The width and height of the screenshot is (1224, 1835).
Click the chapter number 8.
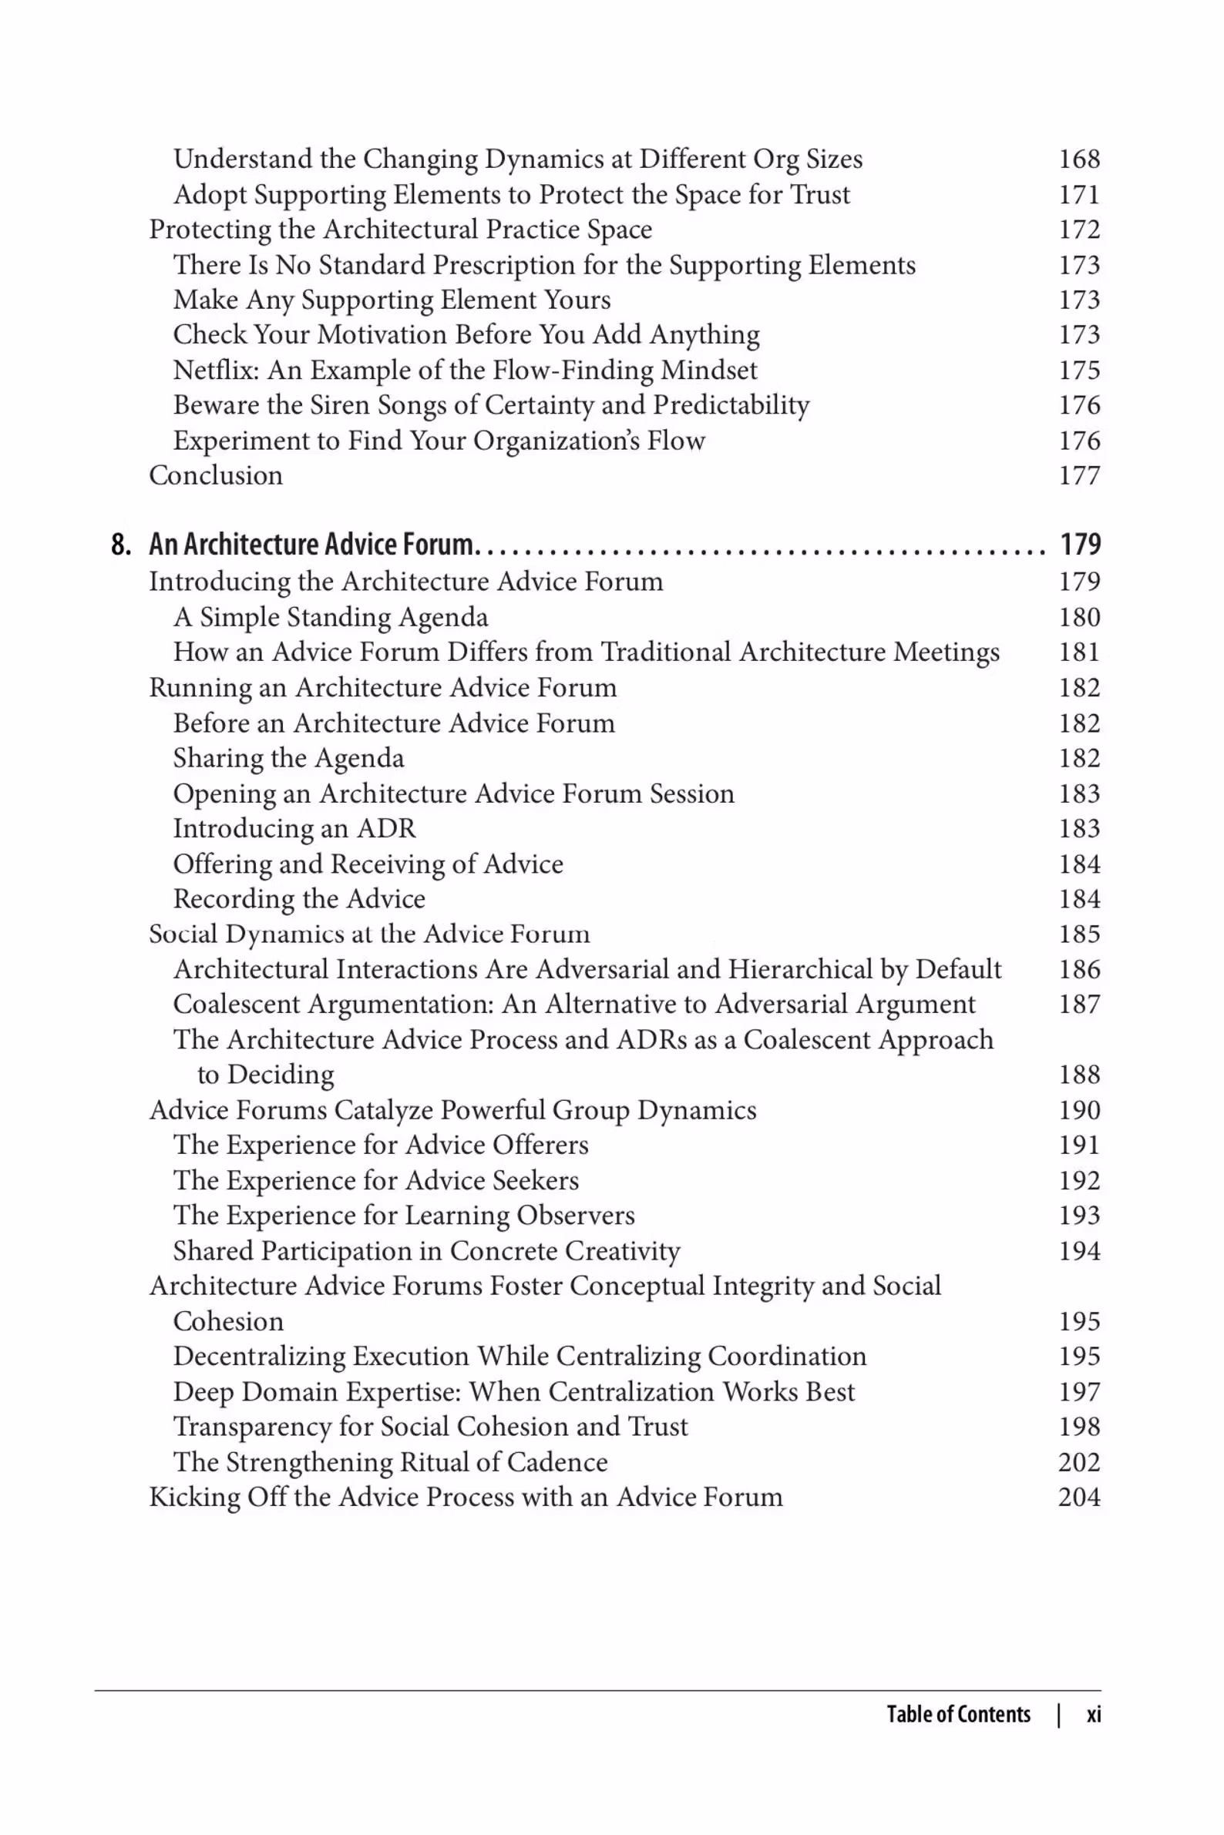[120, 545]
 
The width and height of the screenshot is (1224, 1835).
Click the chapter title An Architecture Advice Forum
[311, 545]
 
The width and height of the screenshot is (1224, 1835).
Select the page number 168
[1079, 159]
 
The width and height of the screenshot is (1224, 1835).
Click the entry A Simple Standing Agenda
[330, 617]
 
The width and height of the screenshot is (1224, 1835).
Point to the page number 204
[1079, 1497]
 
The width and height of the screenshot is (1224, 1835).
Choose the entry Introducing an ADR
[294, 829]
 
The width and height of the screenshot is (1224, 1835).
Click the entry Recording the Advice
[299, 899]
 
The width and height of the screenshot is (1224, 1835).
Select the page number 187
[1079, 1004]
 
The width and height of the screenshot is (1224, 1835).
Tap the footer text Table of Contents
[958, 1714]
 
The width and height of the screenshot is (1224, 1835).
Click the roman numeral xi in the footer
[1094, 1714]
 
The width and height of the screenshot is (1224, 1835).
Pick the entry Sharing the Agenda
[288, 758]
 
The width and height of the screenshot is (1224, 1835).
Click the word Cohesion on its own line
[228, 1322]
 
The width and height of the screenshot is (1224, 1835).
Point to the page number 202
[1079, 1462]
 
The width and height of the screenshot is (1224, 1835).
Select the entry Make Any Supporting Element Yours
[391, 300]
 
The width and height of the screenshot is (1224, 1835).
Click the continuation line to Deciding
[265, 1075]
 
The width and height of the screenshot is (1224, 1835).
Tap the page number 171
[1079, 194]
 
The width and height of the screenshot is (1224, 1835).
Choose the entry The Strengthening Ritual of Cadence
[389, 1462]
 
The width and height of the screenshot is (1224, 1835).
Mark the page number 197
[1079, 1392]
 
